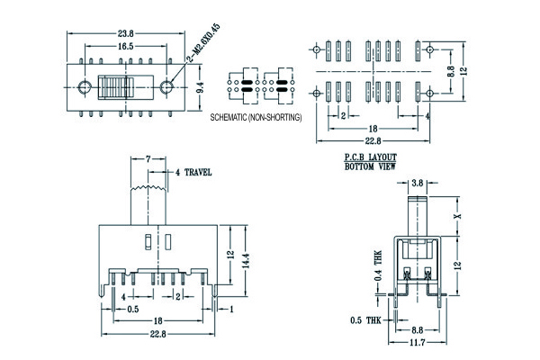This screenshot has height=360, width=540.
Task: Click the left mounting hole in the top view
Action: point(85,87)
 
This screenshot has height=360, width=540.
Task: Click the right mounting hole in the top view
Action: point(166,87)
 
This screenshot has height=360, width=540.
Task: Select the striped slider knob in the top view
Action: point(115,87)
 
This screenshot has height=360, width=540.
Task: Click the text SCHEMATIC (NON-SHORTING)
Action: point(256,118)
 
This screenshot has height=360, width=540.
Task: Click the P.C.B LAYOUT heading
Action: point(371,157)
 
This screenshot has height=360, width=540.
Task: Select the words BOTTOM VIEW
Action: point(371,166)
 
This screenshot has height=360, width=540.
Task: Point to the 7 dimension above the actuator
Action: point(147,159)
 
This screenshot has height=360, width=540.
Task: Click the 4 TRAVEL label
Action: point(193,171)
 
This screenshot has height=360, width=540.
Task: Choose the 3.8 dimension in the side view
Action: point(417,183)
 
